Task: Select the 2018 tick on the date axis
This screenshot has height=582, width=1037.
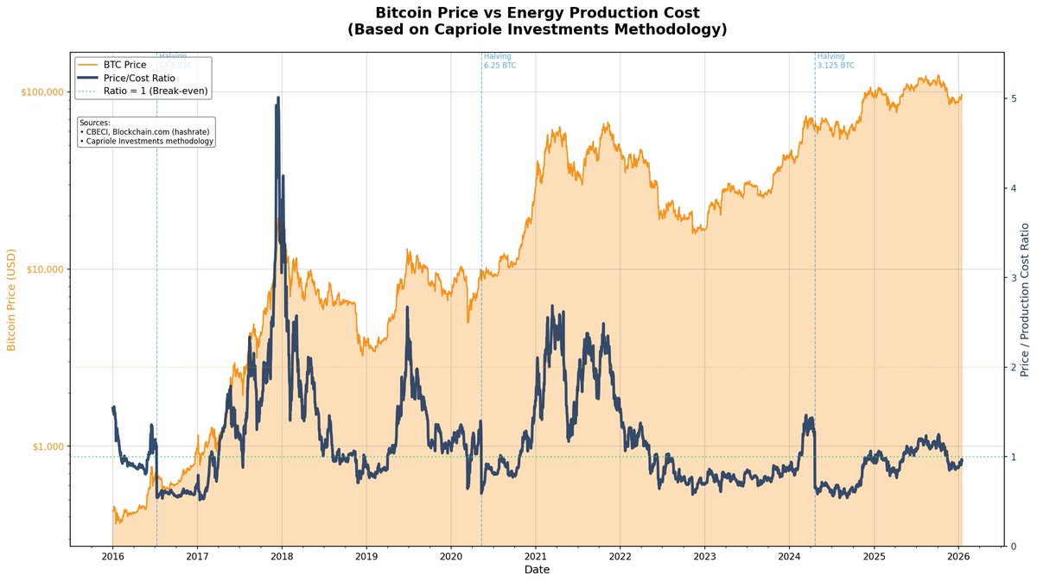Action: click(282, 557)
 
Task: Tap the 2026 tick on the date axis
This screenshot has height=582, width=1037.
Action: click(958, 557)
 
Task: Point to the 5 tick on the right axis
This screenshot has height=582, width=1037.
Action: click(1013, 98)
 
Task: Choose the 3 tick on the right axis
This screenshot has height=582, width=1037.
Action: click(1013, 277)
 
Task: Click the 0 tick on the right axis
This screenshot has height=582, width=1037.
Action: click(1013, 546)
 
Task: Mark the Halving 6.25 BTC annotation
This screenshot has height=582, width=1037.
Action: click(499, 60)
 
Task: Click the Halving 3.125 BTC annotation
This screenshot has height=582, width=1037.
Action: click(835, 60)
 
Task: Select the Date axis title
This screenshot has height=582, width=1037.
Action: click(537, 570)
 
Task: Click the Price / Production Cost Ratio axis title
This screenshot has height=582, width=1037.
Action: click(1025, 299)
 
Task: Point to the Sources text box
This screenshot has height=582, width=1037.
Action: click(146, 132)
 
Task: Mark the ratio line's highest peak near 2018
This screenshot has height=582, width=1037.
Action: click(278, 98)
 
